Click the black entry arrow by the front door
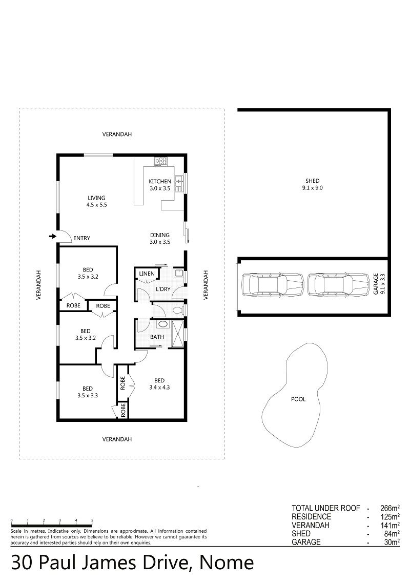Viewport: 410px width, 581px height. coord(53,236)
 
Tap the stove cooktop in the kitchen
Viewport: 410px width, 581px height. coord(161,161)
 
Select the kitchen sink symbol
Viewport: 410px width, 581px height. coord(179,183)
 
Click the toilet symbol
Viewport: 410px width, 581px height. coord(178,310)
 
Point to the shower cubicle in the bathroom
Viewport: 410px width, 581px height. coord(178,334)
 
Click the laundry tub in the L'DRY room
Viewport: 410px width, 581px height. coord(178,273)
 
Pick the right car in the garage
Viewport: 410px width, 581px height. coord(339,285)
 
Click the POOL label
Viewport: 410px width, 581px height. coord(298,399)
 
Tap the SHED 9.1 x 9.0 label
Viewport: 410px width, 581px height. coord(312,184)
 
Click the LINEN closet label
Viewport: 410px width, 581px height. coord(147,274)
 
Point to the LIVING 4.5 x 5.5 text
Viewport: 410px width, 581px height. coord(96,201)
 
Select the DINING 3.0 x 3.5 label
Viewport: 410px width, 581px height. coord(160,238)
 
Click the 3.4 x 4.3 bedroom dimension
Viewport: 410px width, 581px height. coord(159,388)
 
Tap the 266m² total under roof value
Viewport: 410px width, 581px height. coord(390,508)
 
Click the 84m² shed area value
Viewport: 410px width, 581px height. coord(392,534)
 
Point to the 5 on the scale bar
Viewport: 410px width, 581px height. coord(92,520)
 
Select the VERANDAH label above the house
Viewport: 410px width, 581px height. coord(117,134)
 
